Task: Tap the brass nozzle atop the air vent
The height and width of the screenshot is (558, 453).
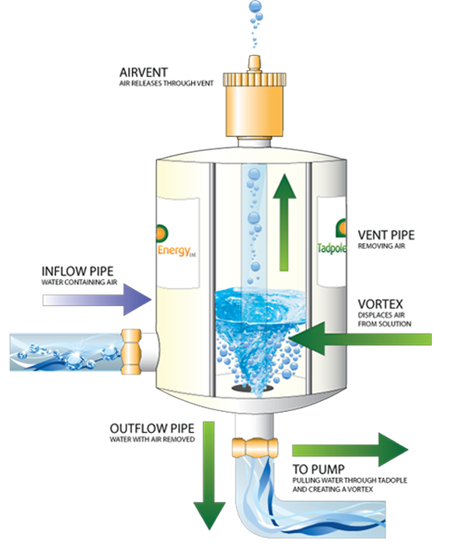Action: [255, 61]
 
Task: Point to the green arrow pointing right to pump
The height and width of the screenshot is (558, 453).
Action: [350, 451]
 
